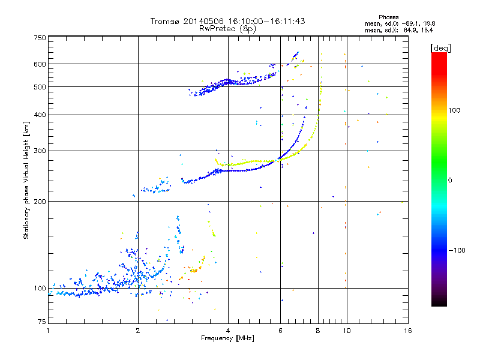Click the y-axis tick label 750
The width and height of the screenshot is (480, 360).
point(40,38)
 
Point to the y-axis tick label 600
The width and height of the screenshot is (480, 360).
point(40,64)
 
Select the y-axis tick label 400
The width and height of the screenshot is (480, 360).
point(40,115)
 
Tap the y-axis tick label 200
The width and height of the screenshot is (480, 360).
point(40,201)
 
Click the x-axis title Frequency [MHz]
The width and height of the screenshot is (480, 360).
point(227,338)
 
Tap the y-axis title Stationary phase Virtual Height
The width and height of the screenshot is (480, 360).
point(26,180)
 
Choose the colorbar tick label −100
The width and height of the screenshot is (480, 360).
point(458,250)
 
